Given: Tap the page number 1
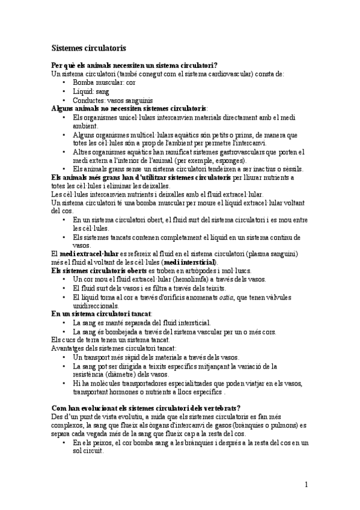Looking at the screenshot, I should pos(306,485).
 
